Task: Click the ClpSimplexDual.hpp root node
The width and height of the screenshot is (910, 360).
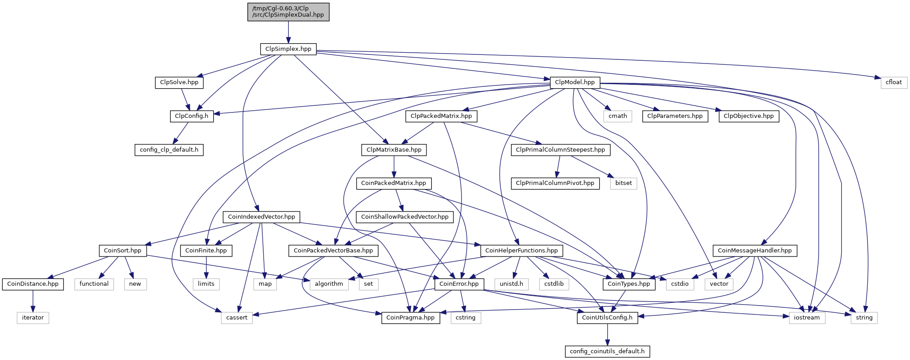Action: pos(288,12)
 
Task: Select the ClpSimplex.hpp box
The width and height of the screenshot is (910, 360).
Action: pos(288,49)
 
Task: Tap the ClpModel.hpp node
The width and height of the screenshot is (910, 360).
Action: pos(575,82)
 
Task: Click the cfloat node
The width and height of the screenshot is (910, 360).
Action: pos(894,82)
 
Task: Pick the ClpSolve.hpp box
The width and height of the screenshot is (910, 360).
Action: pos(179,82)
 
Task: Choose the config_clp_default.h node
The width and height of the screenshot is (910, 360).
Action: pos(169,150)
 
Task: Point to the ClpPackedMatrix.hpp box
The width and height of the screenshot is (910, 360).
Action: pos(441,116)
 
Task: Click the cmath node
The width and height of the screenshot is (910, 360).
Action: pos(618,116)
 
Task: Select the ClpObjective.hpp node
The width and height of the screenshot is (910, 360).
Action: pos(749,116)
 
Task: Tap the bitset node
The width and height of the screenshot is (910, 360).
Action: pos(623,183)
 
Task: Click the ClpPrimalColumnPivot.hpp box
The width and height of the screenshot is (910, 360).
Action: pos(555,183)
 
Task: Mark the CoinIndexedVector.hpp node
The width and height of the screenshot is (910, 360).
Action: pos(261,217)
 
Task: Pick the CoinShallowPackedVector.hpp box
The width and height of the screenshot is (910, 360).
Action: pos(405,217)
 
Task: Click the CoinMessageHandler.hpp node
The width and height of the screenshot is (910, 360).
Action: pos(755,251)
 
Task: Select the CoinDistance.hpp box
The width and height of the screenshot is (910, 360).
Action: pos(33,284)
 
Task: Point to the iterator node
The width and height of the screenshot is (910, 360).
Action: pos(33,318)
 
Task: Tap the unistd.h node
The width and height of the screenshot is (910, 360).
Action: pos(511,284)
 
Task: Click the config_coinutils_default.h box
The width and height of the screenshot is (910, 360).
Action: pos(607,351)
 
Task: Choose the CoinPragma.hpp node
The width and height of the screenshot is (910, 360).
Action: pos(411,318)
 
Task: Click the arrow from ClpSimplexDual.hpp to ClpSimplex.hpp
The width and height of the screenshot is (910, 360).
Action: pos(288,32)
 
